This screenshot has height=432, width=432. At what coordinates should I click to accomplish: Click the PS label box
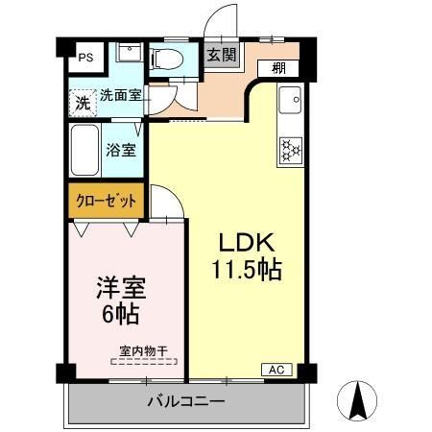tap(84, 56)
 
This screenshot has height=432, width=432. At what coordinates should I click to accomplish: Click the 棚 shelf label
tap(278, 68)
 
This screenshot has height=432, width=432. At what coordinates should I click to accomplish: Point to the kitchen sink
tap(288, 100)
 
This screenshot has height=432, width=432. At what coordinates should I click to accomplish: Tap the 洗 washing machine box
tap(83, 99)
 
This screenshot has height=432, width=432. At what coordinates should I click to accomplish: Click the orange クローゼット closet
tap(106, 202)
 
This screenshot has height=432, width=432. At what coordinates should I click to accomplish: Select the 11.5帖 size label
tap(247, 270)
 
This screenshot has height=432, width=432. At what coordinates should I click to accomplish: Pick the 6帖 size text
tap(120, 314)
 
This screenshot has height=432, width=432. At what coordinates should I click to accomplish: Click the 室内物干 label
tap(142, 350)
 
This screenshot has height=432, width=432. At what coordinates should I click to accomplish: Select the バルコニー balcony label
tap(186, 400)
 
